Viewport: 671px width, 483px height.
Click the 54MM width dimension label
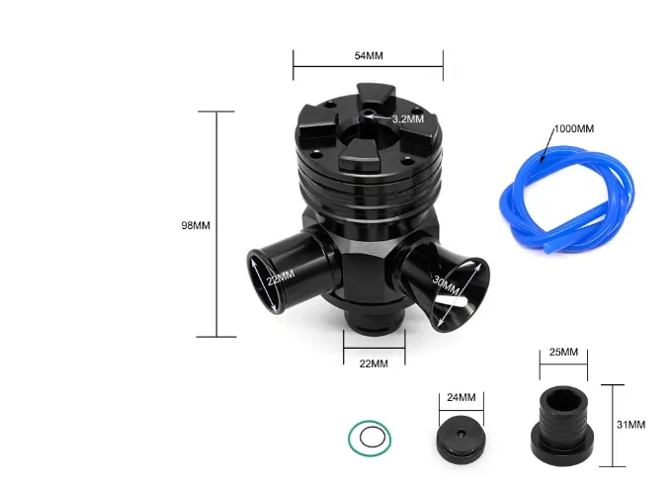369,55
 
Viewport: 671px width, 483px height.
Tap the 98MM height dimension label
196,225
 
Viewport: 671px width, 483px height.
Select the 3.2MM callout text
408,119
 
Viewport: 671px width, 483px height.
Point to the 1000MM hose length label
574,128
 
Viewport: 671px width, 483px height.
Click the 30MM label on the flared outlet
446,286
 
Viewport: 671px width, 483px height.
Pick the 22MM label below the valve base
374,363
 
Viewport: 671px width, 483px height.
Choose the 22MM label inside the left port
281,278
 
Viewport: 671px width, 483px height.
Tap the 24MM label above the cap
461,397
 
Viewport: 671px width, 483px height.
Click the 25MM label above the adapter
563,352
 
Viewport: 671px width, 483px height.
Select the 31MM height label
630,425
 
